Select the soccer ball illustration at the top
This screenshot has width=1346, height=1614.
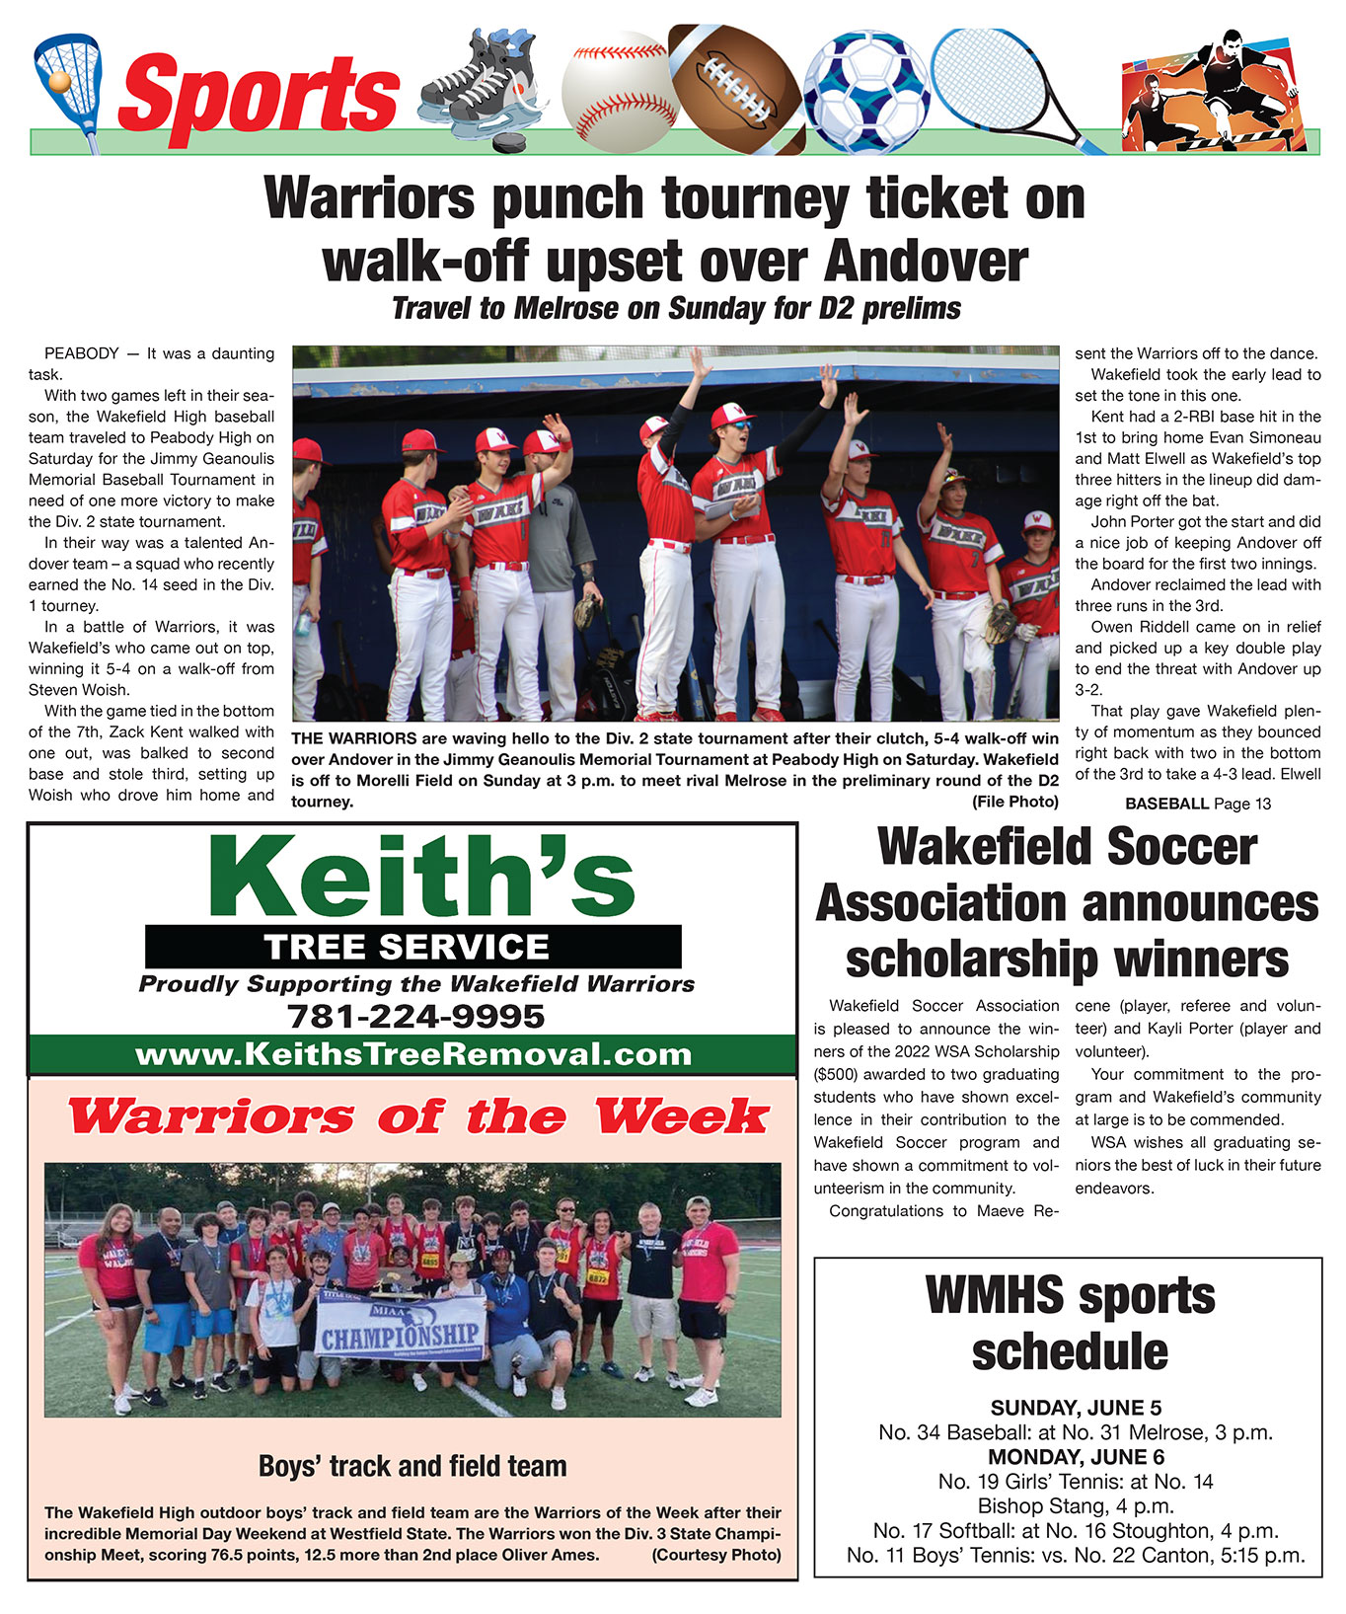[866, 91]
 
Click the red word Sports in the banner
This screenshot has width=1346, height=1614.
[259, 96]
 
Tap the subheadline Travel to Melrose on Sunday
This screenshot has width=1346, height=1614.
[676, 309]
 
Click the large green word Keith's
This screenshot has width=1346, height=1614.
[421, 876]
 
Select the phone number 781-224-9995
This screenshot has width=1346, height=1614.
[414, 1016]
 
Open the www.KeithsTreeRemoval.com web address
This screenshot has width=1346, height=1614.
[413, 1054]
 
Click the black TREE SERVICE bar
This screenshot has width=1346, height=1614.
[412, 947]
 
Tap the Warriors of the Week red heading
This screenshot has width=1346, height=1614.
[417, 1117]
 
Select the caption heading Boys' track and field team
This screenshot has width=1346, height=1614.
[412, 1466]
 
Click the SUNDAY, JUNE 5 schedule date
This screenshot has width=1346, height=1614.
[1069, 1408]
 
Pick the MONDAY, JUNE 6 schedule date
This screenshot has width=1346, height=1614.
[1069, 1457]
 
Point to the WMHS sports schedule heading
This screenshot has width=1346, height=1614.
[1070, 1323]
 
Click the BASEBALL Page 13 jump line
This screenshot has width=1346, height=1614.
[1198, 804]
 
